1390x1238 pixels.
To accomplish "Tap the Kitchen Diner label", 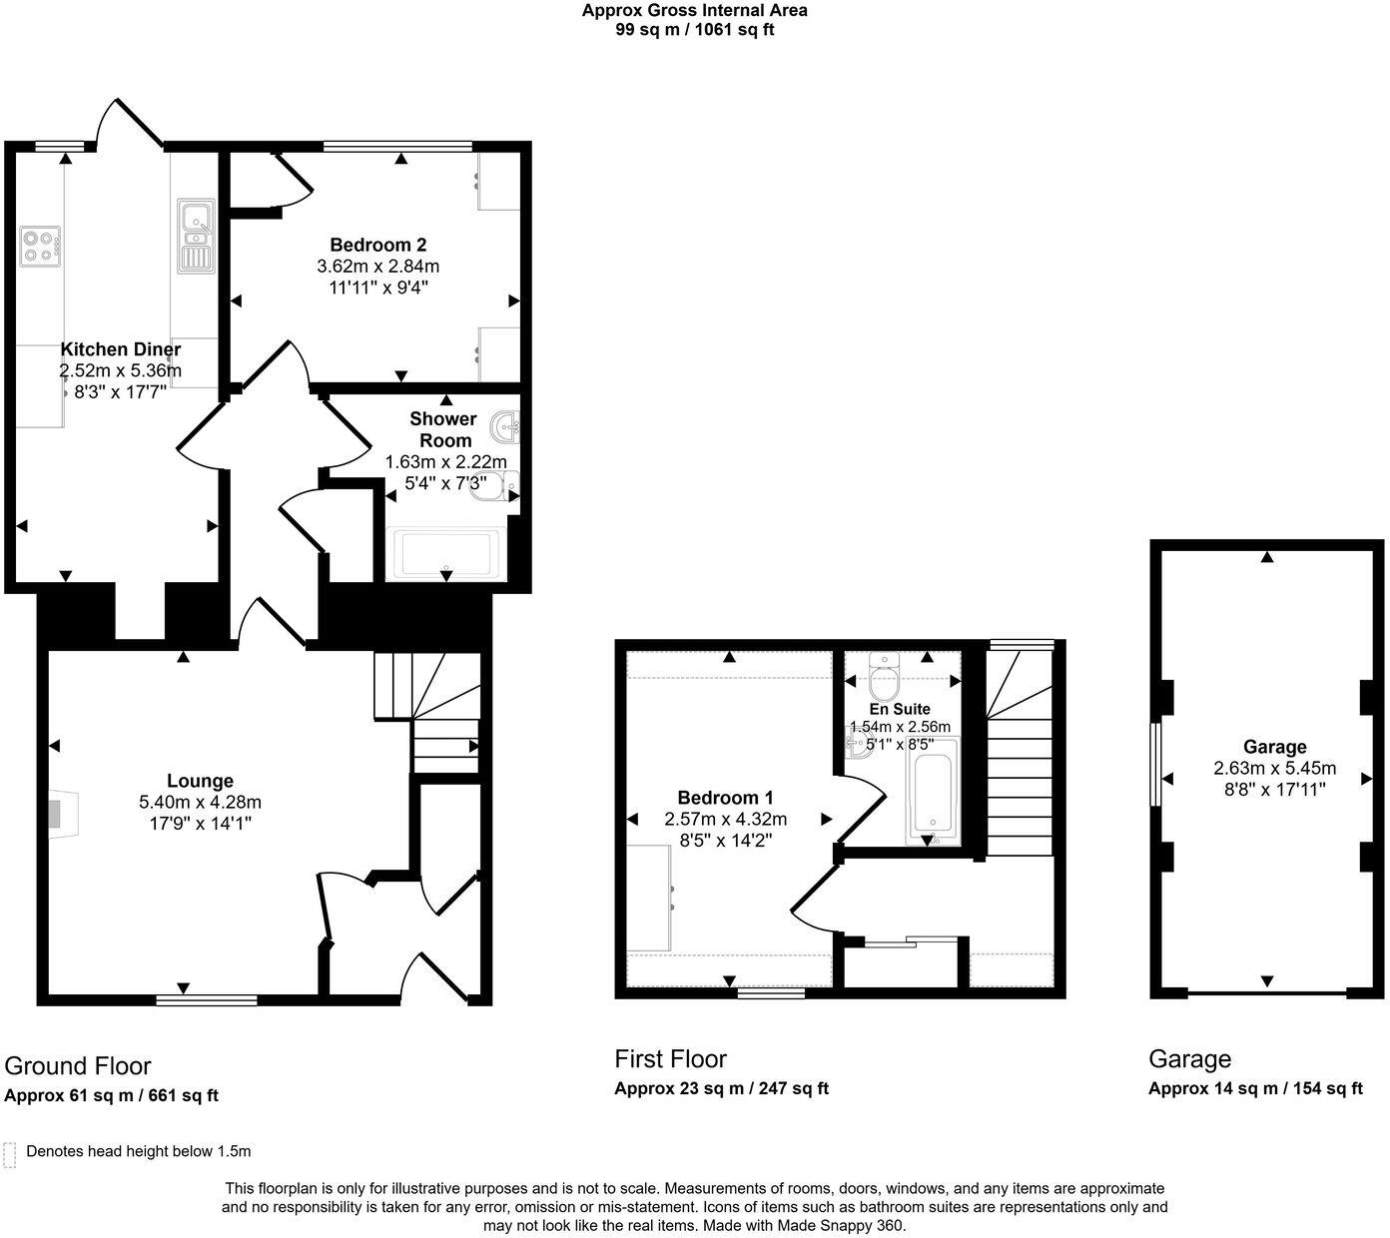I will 121,349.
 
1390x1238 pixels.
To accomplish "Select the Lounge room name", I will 200,781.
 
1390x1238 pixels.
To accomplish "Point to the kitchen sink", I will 196,236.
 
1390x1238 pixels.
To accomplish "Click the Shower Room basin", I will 507,428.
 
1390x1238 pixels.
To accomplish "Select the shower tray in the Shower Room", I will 446,554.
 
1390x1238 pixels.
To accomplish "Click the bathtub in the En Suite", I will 932,795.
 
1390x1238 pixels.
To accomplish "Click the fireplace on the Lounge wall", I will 62,813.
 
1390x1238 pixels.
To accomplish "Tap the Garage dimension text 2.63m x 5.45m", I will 1274,769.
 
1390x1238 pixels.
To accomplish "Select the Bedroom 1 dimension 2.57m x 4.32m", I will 725,819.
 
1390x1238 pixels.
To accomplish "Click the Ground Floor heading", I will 78,1065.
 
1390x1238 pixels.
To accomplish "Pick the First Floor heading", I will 670,1058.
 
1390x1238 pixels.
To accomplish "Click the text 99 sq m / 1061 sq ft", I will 695,30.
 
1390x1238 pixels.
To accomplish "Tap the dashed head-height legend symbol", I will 10,1154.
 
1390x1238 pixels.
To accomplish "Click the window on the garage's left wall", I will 1154,764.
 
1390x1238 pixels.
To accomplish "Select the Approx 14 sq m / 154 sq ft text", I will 1255,1088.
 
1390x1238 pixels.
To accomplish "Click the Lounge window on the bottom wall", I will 207,998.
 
